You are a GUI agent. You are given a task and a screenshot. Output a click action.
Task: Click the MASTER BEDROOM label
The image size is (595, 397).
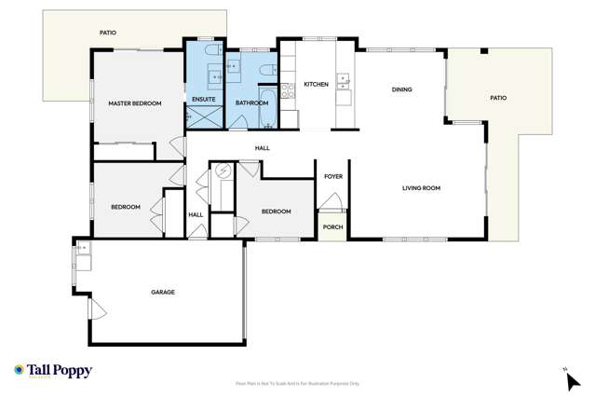[135, 103]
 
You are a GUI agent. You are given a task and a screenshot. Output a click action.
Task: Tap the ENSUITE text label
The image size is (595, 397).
[203, 99]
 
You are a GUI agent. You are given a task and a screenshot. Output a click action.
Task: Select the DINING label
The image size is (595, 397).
[401, 90]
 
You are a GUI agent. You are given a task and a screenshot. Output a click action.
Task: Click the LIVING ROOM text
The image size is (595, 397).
[421, 188]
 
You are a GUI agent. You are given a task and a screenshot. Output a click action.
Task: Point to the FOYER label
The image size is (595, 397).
[332, 176]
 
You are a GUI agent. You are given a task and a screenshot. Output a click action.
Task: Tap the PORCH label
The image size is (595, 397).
[332, 226]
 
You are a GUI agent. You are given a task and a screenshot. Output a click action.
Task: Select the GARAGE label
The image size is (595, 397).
[163, 292]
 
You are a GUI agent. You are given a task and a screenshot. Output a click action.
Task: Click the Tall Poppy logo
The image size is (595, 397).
[53, 371]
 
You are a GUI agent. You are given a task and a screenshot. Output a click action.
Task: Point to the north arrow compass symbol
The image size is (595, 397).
[569, 377]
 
